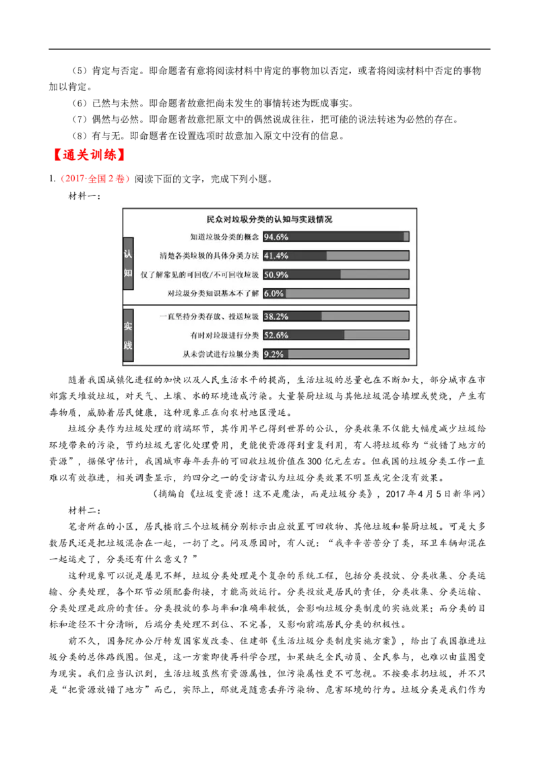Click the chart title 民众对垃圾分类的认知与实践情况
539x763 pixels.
[x=269, y=220]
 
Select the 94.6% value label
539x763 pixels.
[x=276, y=237]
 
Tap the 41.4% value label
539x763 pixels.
[x=276, y=255]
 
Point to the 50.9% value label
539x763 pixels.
[x=276, y=274]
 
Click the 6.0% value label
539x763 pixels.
[x=274, y=293]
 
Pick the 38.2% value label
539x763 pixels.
[x=276, y=316]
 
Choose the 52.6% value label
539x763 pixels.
[x=276, y=335]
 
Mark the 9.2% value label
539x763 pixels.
[x=274, y=354]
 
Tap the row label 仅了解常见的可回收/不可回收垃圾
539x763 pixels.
[x=199, y=274]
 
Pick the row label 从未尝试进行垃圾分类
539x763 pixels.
[x=220, y=354]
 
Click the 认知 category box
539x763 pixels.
[x=128, y=263]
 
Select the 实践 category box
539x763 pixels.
[x=128, y=336]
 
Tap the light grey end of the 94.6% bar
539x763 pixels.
[x=406, y=237]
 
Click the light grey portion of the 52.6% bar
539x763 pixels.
[x=376, y=335]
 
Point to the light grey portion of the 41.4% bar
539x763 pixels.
[x=367, y=255]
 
